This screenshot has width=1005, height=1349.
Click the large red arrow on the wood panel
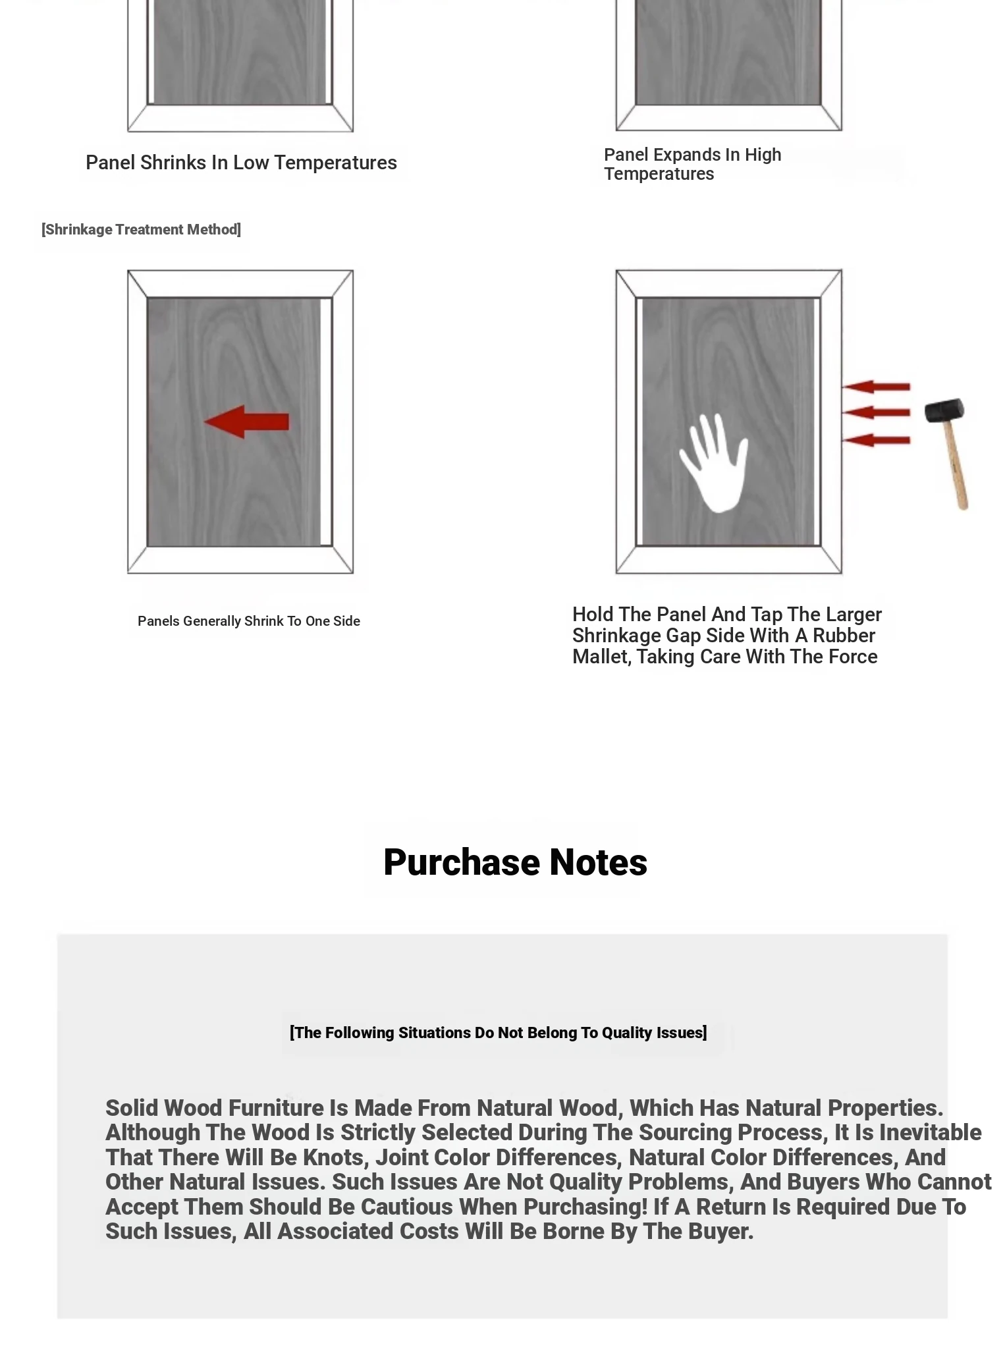coord(246,422)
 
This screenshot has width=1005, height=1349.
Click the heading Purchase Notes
coord(515,862)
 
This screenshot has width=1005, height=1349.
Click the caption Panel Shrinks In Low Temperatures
coord(241,163)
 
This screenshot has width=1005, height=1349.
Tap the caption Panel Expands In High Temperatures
coord(692,164)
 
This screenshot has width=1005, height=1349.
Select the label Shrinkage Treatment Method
coord(141,229)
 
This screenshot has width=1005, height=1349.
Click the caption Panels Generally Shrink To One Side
coord(248,621)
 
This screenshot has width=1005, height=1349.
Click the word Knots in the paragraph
coord(333,1157)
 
